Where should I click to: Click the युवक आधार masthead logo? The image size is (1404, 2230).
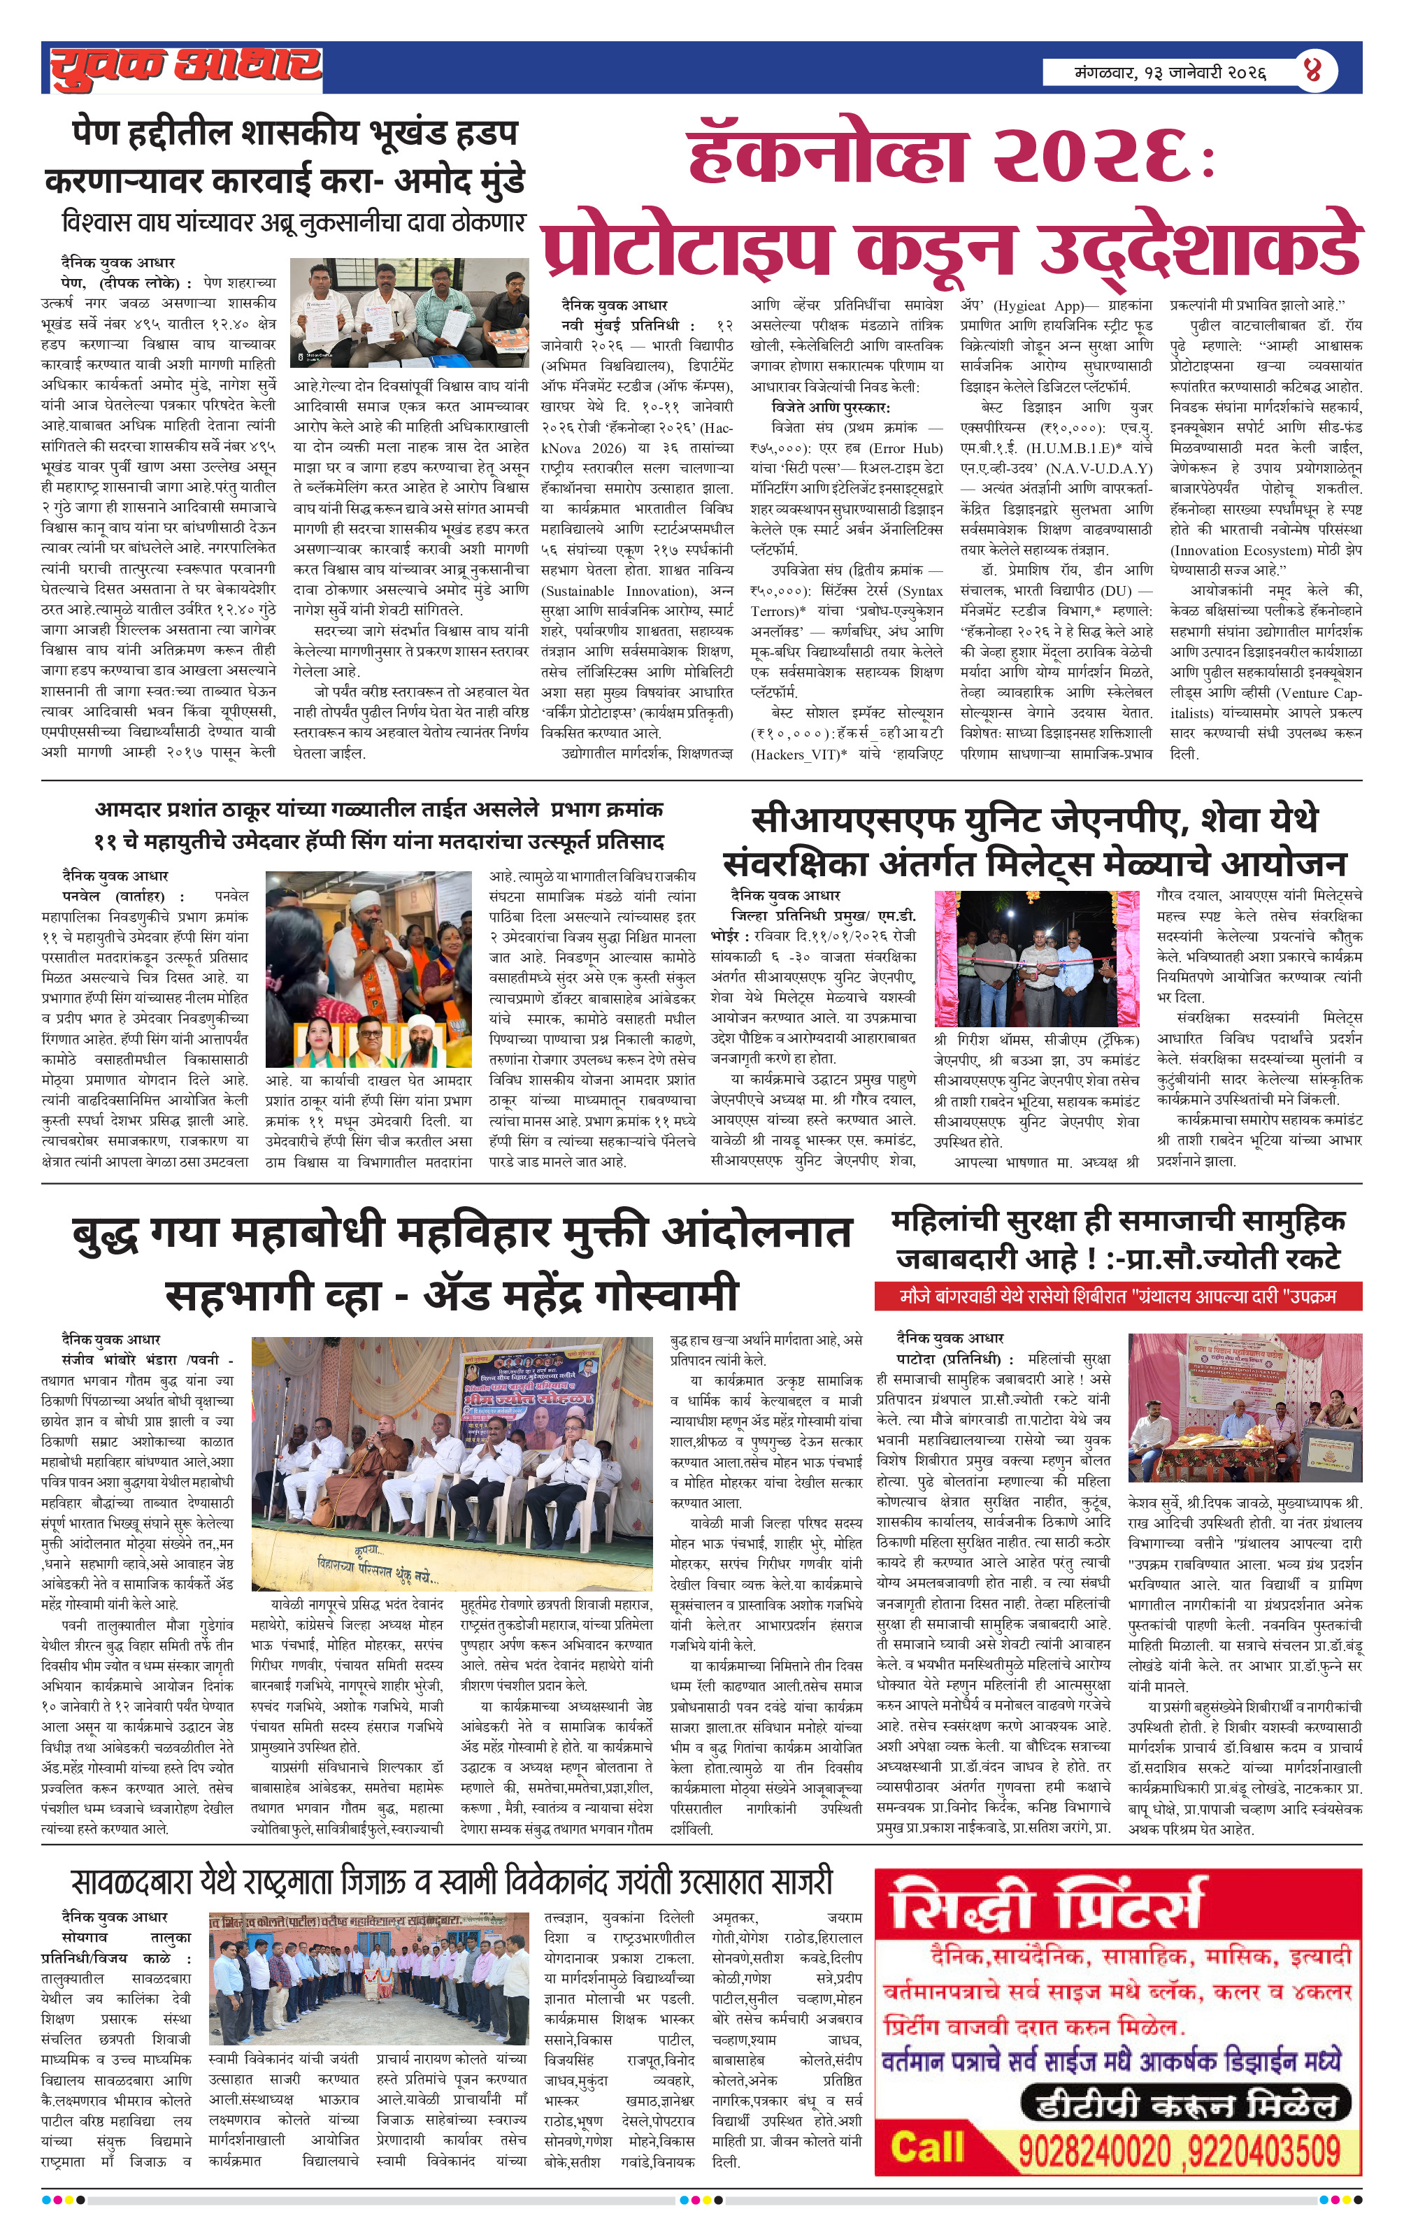(x=185, y=68)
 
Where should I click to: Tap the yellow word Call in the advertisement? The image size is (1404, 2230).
(x=926, y=2147)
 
